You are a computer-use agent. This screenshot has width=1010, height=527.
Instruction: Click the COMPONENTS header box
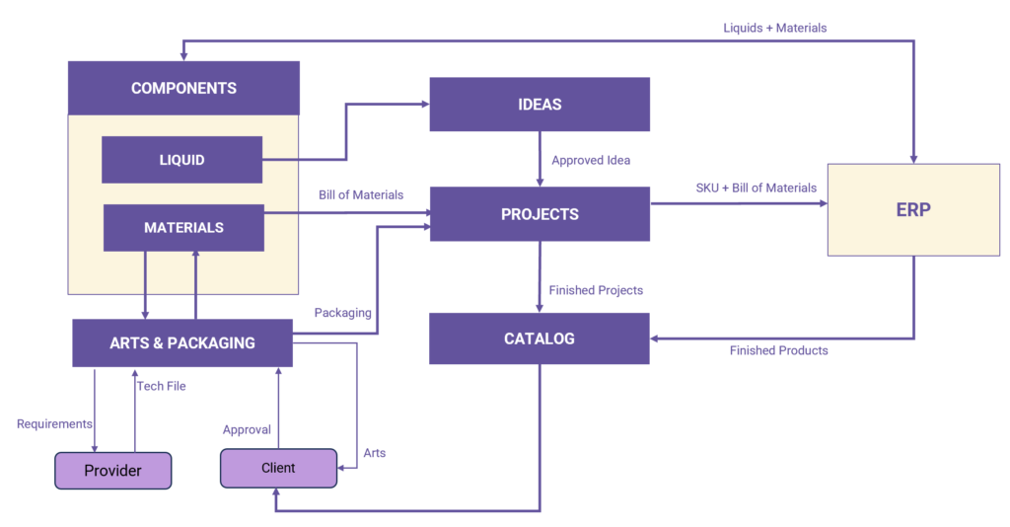click(x=183, y=89)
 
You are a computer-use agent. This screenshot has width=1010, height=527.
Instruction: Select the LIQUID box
click(x=181, y=160)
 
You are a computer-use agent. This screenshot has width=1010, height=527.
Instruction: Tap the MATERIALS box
click(x=183, y=228)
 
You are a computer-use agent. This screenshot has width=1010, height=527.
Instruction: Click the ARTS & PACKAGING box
click(x=182, y=343)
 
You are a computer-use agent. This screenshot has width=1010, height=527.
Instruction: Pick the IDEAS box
click(x=540, y=105)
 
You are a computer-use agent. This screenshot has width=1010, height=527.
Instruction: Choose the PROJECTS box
click(x=540, y=214)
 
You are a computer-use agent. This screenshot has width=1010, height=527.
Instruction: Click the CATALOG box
click(x=540, y=339)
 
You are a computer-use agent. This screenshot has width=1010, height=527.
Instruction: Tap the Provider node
click(x=112, y=471)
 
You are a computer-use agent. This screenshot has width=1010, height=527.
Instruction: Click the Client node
click(x=277, y=468)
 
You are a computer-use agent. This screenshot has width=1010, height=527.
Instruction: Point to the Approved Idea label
click(x=591, y=160)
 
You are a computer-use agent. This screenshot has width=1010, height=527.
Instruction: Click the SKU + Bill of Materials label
click(x=757, y=188)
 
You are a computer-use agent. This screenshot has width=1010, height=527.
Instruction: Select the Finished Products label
click(x=779, y=350)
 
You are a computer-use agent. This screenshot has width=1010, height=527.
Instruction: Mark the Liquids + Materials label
click(x=775, y=28)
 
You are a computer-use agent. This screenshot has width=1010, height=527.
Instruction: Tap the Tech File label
click(x=162, y=386)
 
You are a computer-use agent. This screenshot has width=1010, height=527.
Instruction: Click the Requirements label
click(x=53, y=423)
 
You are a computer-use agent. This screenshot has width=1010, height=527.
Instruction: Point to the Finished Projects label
click(x=596, y=290)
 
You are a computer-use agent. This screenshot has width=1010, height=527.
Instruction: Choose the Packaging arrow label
click(x=342, y=313)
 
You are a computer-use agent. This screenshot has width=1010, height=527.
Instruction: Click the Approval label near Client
click(x=247, y=430)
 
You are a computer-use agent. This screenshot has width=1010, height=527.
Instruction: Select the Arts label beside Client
click(x=375, y=453)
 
